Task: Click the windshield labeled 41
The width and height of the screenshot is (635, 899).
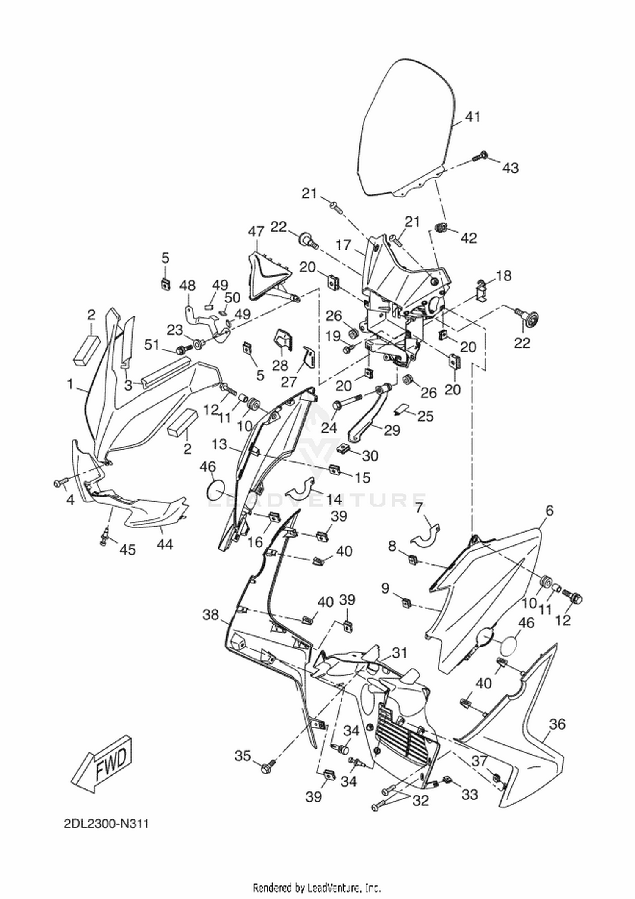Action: tap(406, 127)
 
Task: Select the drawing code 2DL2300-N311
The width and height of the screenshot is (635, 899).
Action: tap(105, 824)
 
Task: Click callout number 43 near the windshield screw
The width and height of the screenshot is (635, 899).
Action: tap(511, 168)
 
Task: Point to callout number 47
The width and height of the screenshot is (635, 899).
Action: tap(256, 232)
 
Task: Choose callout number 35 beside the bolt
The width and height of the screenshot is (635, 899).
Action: tap(243, 756)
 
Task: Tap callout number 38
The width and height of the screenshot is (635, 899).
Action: tap(211, 614)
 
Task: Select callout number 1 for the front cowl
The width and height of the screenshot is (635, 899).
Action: tap(70, 384)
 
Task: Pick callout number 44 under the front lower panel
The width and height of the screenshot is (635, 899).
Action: tap(165, 544)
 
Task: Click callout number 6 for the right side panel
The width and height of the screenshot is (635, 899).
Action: tap(549, 511)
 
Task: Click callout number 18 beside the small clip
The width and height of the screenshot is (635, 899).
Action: tap(503, 276)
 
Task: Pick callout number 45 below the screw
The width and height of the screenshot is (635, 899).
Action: tap(127, 549)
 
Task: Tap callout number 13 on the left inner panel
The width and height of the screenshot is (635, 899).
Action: tap(220, 444)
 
